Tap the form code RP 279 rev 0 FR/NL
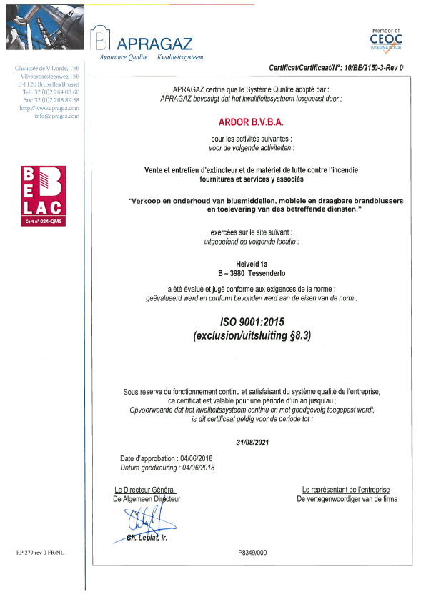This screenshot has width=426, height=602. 40,553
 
